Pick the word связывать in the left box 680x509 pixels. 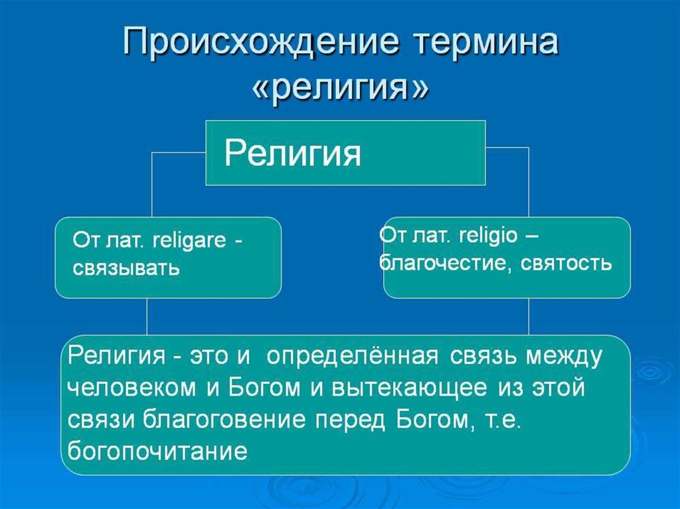click(x=126, y=269)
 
